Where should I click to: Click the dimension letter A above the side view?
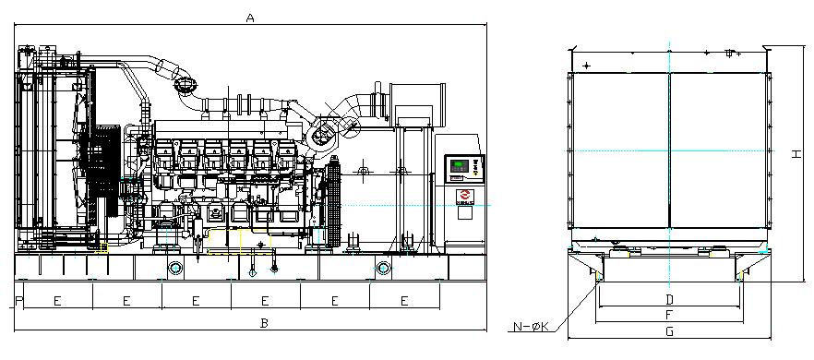coord(250,18)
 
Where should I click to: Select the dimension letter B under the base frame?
coord(264,323)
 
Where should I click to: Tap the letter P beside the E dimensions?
coord(19,300)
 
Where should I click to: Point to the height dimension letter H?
coord(796,154)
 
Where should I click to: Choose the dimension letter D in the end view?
coord(670,300)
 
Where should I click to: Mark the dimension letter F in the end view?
coord(669,315)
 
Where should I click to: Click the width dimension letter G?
coord(670,330)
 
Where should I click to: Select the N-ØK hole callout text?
coord(531,327)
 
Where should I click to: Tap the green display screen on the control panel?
coord(459,166)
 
